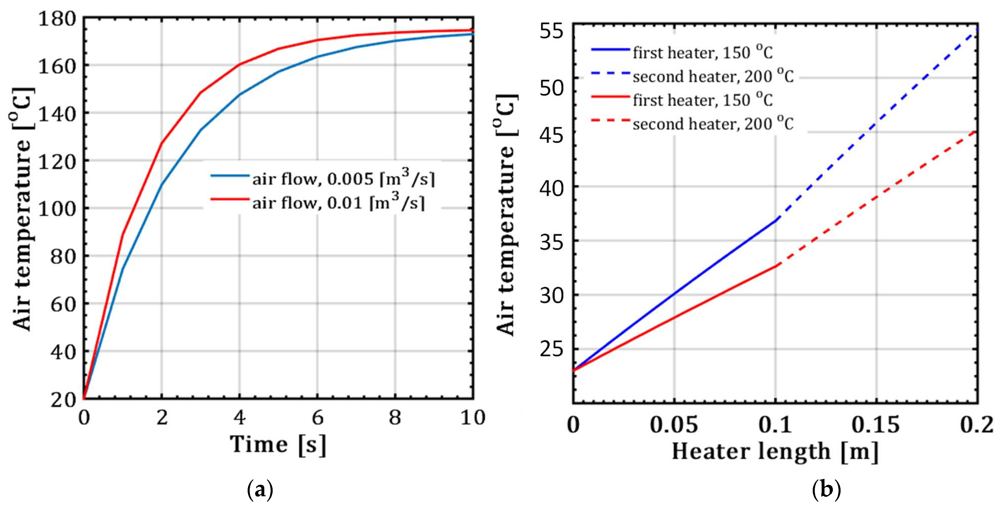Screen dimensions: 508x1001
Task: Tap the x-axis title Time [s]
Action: click(x=278, y=444)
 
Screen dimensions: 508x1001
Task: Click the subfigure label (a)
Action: click(x=260, y=490)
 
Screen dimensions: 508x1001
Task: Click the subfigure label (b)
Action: click(x=826, y=490)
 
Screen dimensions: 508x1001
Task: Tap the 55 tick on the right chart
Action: click(x=551, y=31)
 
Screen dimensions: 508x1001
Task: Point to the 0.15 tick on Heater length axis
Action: click(x=876, y=425)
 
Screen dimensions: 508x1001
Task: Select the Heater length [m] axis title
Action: click(x=775, y=452)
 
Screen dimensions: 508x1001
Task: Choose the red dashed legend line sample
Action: click(x=610, y=121)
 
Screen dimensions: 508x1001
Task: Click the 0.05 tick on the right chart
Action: click(x=674, y=425)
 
